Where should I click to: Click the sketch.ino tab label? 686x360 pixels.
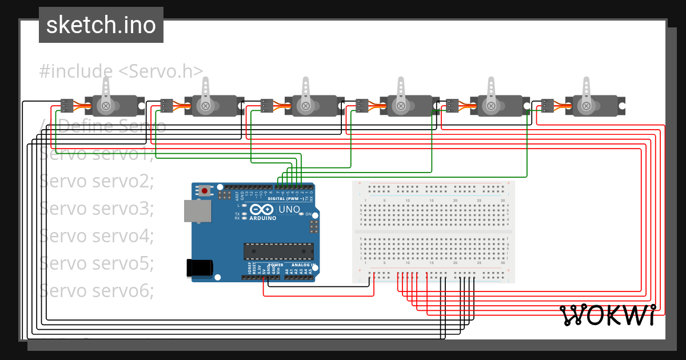tap(101, 25)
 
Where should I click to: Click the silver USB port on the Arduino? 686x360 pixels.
tap(196, 210)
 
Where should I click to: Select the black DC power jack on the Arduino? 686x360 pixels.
tap(200, 268)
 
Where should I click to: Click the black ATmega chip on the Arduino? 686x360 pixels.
tap(278, 250)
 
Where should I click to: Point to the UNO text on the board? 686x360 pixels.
tap(289, 210)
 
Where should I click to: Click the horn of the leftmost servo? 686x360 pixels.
tap(106, 91)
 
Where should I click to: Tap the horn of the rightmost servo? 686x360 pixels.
tap(585, 91)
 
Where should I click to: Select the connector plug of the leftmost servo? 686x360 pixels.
tap(67, 106)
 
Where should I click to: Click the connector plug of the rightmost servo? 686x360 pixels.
tap(547, 106)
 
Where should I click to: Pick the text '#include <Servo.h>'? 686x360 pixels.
tap(121, 71)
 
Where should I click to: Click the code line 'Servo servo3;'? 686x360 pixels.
tap(97, 208)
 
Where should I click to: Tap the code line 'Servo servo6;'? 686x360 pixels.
tap(97, 291)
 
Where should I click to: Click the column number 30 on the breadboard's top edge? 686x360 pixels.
tap(502, 201)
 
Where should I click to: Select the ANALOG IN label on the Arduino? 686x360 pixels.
tap(301, 265)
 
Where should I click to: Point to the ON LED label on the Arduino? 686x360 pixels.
tap(307, 214)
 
